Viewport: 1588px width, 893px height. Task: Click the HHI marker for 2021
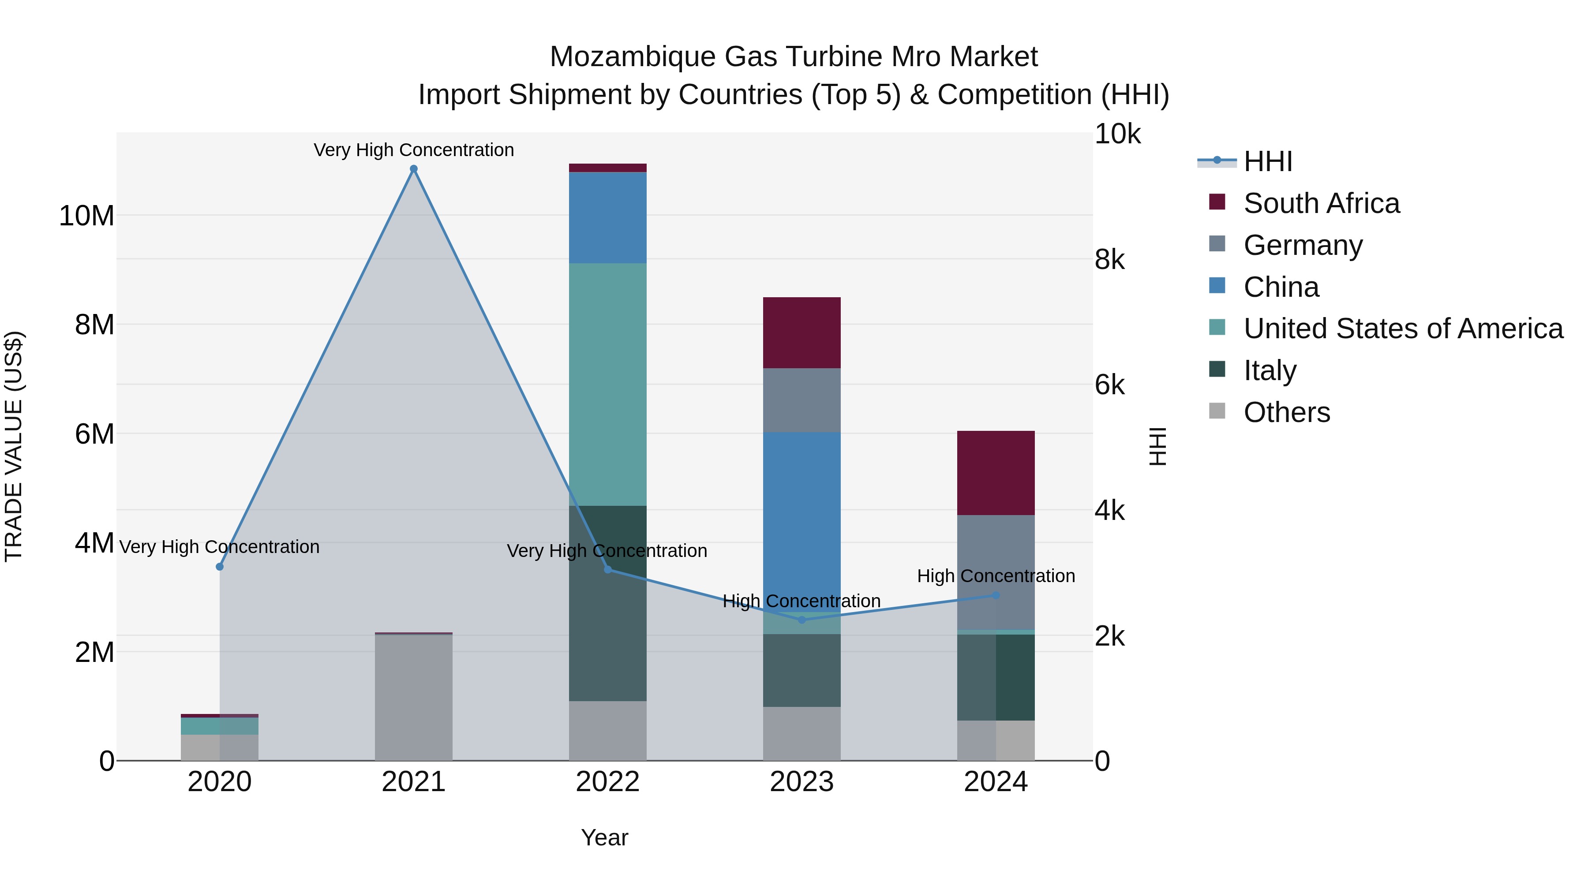point(414,169)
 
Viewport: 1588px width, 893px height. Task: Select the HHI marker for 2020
point(220,566)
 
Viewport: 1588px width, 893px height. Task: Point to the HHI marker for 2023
point(801,620)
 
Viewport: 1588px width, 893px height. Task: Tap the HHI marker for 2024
point(996,595)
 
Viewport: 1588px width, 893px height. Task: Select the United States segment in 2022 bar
point(607,385)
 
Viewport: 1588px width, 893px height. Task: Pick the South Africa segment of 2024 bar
point(996,473)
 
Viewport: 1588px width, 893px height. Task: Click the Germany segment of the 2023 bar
point(801,400)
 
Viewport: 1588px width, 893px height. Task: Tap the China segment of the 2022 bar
point(607,217)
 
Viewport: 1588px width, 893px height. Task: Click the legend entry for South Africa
point(1321,203)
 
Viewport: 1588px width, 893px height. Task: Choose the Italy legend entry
point(1270,370)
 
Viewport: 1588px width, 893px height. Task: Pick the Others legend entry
point(1287,412)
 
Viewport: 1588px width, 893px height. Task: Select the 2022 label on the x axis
point(607,782)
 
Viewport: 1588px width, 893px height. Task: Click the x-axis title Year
point(604,837)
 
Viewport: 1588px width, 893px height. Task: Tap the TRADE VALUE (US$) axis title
point(14,446)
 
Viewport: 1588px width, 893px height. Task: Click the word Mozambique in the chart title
point(633,57)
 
